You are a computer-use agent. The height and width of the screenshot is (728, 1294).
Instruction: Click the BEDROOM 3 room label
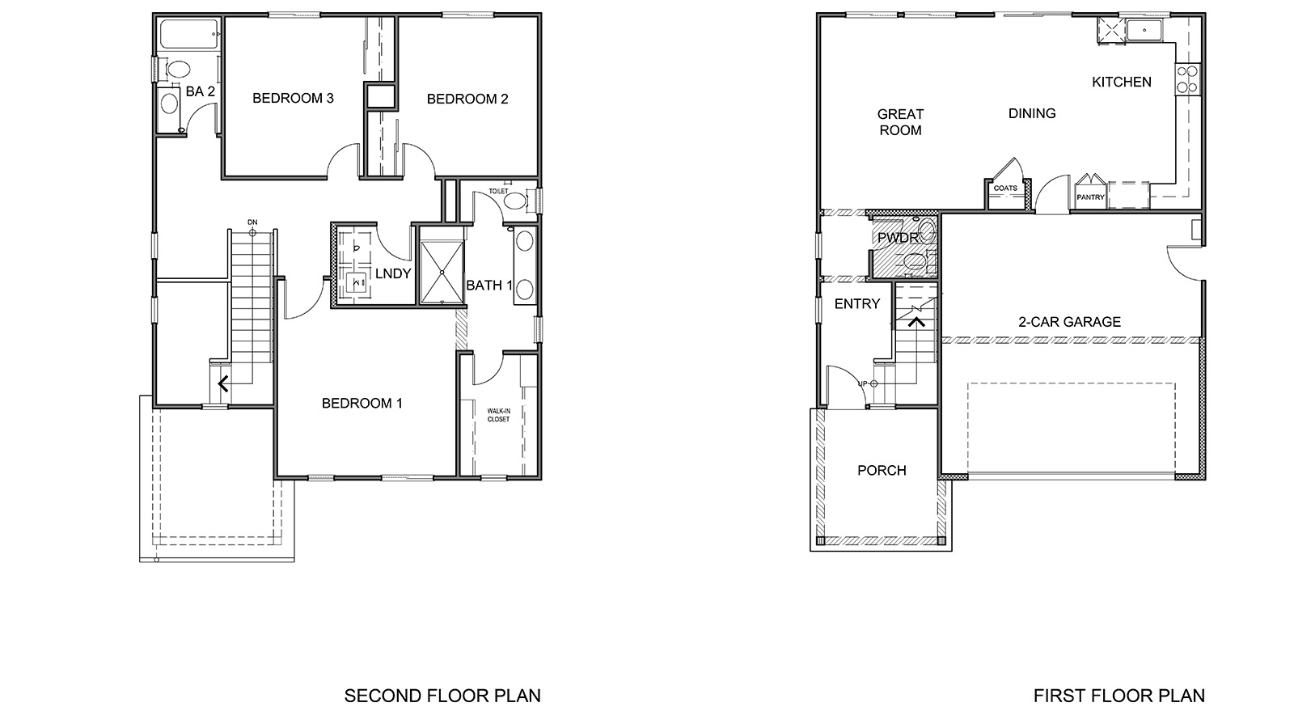[293, 99]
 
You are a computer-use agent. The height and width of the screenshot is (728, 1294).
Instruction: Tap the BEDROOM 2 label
[467, 99]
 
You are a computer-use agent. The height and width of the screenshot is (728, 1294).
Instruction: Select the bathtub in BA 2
[189, 34]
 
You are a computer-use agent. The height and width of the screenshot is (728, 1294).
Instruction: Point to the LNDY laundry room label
[393, 274]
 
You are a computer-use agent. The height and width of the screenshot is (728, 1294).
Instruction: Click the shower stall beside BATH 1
[442, 265]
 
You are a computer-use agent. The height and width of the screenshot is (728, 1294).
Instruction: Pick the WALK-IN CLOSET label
[498, 415]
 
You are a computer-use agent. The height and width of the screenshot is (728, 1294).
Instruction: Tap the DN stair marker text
[252, 222]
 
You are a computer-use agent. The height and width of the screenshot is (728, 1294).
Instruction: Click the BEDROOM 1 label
[362, 404]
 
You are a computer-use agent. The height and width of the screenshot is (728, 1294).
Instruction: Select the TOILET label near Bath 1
[498, 192]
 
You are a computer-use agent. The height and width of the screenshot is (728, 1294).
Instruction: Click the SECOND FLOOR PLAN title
[442, 696]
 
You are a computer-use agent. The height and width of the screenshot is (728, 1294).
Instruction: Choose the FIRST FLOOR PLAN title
[1119, 696]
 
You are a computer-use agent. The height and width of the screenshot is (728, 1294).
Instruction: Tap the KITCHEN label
[1121, 82]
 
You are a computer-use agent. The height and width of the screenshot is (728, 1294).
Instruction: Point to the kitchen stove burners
[1186, 79]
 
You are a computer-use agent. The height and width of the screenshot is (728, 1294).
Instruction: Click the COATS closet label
[1005, 188]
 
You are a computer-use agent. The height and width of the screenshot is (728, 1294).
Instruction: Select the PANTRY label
[1090, 197]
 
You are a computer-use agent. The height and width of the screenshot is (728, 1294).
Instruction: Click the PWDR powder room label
[898, 239]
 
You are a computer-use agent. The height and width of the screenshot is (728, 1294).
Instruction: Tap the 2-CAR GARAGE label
[1069, 322]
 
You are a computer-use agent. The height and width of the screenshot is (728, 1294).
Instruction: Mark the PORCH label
[882, 471]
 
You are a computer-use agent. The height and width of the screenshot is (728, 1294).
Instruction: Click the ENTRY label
[856, 304]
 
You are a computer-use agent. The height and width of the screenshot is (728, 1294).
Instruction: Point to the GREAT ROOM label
[900, 122]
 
